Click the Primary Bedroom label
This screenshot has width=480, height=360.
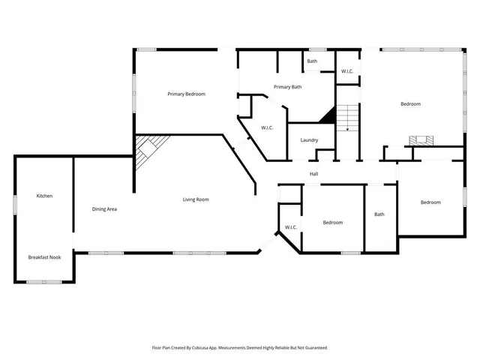pyautogui.click(x=186, y=94)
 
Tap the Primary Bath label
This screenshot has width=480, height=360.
pyautogui.click(x=287, y=87)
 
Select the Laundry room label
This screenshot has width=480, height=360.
pyautogui.click(x=309, y=140)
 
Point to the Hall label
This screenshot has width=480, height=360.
pyautogui.click(x=314, y=174)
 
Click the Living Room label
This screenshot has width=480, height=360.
pyautogui.click(x=196, y=199)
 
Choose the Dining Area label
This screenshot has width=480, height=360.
pyautogui.click(x=104, y=208)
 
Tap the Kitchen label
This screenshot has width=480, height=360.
pyautogui.click(x=44, y=196)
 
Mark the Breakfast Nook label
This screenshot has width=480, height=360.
pyautogui.click(x=44, y=257)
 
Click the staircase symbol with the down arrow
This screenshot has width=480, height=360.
pyautogui.click(x=347, y=118)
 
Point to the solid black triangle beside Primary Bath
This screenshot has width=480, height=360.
pyautogui.click(x=327, y=115)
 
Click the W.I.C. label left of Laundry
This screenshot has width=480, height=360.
pyautogui.click(x=267, y=127)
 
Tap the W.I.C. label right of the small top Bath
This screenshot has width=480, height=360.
pyautogui.click(x=347, y=71)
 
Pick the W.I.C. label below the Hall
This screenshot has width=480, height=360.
pyautogui.click(x=291, y=227)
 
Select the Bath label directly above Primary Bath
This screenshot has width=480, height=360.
pyautogui.click(x=312, y=61)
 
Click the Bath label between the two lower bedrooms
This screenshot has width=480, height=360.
pyautogui.click(x=379, y=214)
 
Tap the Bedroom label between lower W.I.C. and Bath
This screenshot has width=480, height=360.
pyautogui.click(x=333, y=222)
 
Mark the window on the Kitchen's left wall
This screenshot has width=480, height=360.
pyautogui.click(x=14, y=204)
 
